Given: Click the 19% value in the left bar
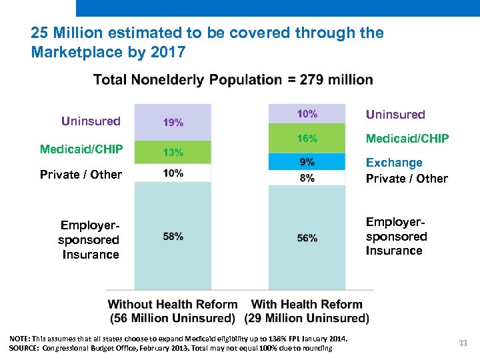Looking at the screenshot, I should (173, 122).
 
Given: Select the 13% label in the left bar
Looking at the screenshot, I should (173, 152).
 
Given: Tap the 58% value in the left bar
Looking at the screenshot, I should (173, 236).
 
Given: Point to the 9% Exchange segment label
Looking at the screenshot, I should (307, 162).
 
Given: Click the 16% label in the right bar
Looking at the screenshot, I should (307, 139).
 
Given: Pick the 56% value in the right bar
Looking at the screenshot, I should (307, 238).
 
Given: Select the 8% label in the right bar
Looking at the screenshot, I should (307, 178).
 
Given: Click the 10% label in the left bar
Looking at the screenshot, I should (173, 173).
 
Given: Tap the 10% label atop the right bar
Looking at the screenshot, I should (307, 114).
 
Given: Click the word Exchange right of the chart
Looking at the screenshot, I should (394, 163).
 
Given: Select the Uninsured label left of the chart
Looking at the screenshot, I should (91, 121).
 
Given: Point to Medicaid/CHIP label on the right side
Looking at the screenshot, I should (407, 139).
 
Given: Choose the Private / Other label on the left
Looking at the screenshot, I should (81, 175).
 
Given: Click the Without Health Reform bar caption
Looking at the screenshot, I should (173, 304).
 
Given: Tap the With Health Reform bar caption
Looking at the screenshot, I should (307, 304).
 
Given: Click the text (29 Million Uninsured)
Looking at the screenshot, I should (307, 318).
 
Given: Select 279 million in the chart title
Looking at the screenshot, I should (336, 80).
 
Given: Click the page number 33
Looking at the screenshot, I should (463, 343).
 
